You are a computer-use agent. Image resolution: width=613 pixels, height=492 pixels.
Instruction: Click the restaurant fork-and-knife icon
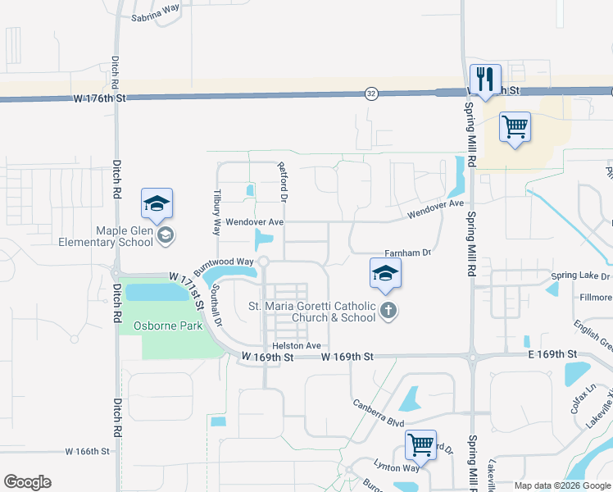click(x=485, y=78)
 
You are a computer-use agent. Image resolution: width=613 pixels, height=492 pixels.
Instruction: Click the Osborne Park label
click(x=168, y=326)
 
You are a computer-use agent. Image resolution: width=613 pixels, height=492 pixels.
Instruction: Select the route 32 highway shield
click(x=372, y=93)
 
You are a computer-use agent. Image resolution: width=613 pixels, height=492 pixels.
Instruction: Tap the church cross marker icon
click(x=388, y=311)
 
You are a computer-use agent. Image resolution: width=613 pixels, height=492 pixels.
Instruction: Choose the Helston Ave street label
click(x=296, y=346)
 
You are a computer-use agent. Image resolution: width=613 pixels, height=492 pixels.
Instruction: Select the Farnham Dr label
click(x=407, y=253)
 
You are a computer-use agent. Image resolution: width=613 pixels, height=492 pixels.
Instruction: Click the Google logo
click(x=27, y=482)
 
